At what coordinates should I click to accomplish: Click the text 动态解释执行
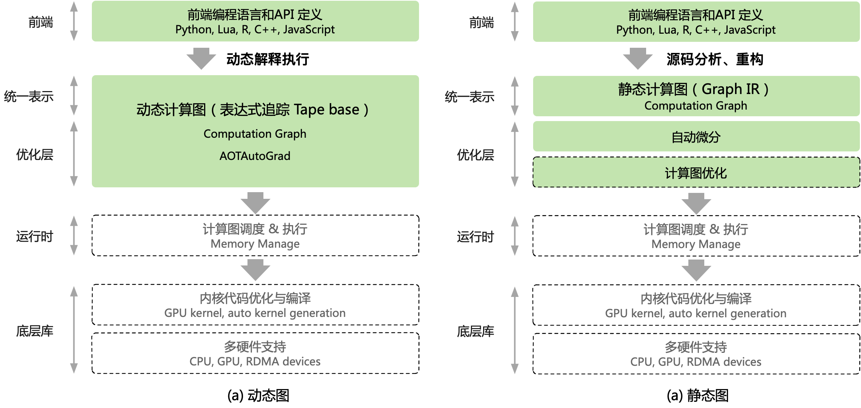(x=267, y=59)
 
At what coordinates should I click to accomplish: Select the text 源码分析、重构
(x=715, y=59)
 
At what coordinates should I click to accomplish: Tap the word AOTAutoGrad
(x=255, y=156)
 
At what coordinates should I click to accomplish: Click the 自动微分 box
(x=696, y=137)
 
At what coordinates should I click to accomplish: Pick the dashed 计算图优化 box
(x=696, y=173)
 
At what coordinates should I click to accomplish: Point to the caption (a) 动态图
(x=258, y=395)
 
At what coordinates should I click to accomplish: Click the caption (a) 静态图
(x=697, y=395)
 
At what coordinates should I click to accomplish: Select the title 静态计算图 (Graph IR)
(x=693, y=89)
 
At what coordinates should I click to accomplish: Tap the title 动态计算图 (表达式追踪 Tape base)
(x=252, y=110)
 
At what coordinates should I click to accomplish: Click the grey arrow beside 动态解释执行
(x=201, y=58)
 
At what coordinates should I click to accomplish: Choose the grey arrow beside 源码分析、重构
(x=638, y=58)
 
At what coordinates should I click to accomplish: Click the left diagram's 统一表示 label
(x=29, y=97)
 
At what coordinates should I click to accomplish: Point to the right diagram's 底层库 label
(x=475, y=331)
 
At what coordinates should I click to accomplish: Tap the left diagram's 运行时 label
(x=34, y=236)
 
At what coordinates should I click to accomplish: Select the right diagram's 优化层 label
(x=475, y=155)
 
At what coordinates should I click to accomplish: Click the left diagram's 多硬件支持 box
(x=255, y=353)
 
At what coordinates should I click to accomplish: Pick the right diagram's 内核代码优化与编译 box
(x=696, y=305)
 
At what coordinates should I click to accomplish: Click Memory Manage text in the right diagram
(x=696, y=244)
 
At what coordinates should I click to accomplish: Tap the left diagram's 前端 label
(x=41, y=23)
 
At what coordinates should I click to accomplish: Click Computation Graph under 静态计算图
(x=695, y=106)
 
